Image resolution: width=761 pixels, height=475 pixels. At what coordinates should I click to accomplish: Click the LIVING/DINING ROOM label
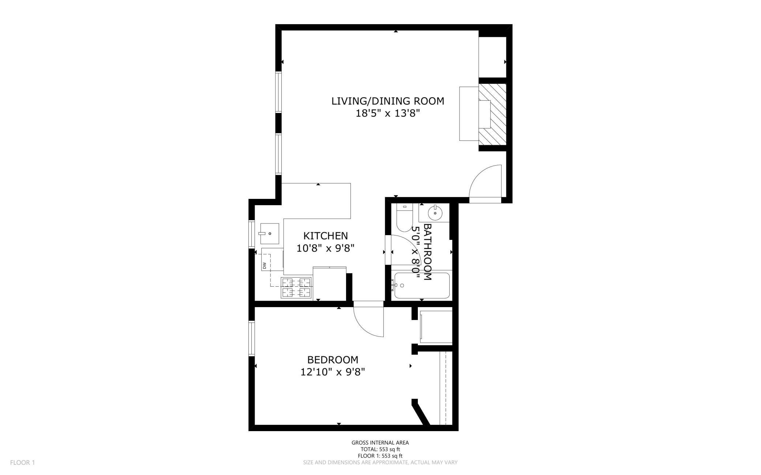pos(388,101)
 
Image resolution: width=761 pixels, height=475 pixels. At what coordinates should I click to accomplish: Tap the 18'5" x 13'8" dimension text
pos(387,113)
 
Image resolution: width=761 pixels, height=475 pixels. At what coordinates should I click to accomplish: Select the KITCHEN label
pos(326,236)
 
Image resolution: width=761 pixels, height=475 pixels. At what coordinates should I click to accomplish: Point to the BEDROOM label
pos(333,360)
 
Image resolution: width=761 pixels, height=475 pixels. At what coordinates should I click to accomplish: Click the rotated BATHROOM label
pos(427,252)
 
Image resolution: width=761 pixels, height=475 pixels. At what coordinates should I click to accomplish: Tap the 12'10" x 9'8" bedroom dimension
pos(333,372)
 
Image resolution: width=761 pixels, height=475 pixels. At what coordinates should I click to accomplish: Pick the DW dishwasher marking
pos(264,264)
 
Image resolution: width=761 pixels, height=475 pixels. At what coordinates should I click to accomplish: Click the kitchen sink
pos(269,234)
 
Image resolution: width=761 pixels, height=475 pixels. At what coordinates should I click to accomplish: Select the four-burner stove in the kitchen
pos(296,287)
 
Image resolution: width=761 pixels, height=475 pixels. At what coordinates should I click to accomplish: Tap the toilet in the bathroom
pos(404,218)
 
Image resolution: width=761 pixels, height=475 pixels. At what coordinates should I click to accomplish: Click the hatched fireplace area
pos(492,114)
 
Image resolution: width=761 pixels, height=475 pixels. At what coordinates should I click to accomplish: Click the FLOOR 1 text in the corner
pos(22,463)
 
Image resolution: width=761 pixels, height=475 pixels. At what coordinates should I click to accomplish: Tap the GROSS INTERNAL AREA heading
pos(380,443)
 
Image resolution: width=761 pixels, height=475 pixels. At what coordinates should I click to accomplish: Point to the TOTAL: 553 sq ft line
pos(380,449)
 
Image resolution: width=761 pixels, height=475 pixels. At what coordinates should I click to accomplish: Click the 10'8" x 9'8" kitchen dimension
pos(326,248)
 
